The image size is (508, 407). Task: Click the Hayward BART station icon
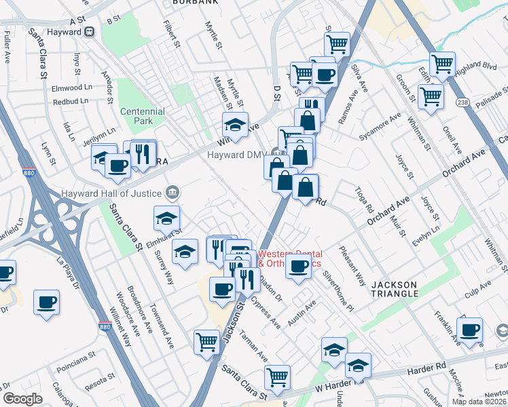point(89,31)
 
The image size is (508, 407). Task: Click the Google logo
point(23,399)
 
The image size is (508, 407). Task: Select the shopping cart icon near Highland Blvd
point(443,64)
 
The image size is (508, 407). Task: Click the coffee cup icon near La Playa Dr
point(46,302)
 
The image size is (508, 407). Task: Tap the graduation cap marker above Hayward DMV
point(235,125)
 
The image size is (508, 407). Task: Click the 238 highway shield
point(463,102)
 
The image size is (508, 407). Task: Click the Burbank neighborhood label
point(196,3)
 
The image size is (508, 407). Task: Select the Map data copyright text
point(479,401)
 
